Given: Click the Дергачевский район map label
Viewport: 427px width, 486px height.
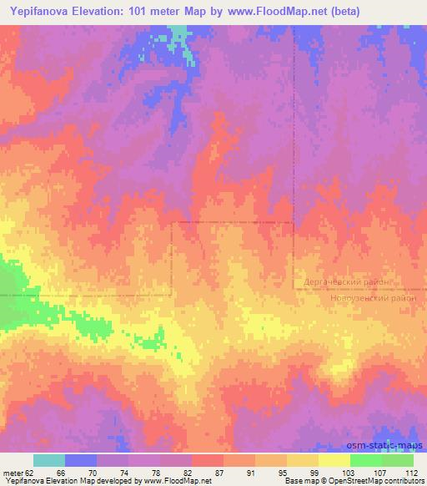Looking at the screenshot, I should coord(349,283).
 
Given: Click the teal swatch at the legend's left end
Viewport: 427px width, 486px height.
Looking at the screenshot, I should coord(49,460).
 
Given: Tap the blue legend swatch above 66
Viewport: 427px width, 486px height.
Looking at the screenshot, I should coord(81,460).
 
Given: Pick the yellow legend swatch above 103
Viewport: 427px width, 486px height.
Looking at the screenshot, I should coord(334,460).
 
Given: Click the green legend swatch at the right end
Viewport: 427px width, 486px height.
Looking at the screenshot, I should coord(398,460).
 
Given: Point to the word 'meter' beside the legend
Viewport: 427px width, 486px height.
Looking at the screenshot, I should coord(11,472).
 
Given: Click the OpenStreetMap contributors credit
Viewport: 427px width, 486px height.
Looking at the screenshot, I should coord(380,481).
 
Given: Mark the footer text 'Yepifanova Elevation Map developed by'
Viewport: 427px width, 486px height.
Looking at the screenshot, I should coord(72,481).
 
